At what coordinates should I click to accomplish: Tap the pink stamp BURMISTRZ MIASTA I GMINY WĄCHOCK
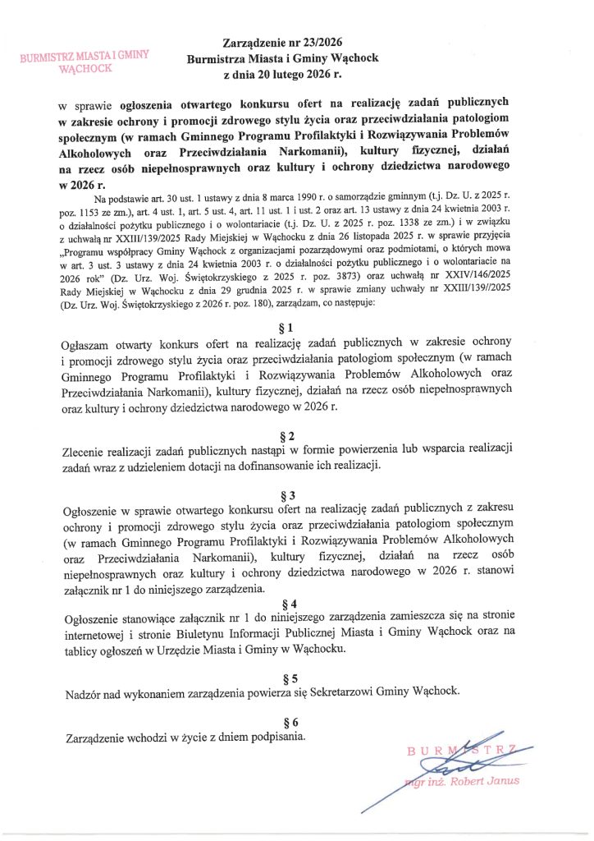tap(85, 62)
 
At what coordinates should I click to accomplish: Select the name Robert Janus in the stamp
tap(487, 780)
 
